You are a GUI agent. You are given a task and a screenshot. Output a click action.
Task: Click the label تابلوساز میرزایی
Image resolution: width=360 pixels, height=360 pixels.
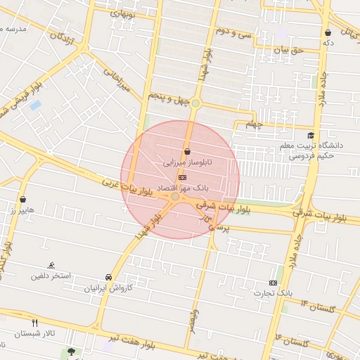pyautogui.click(x=186, y=162)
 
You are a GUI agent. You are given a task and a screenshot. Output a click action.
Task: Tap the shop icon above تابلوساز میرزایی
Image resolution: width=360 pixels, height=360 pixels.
pyautogui.click(x=187, y=152)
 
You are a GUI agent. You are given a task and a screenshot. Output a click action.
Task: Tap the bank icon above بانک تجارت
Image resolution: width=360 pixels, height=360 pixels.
pyautogui.click(x=273, y=282)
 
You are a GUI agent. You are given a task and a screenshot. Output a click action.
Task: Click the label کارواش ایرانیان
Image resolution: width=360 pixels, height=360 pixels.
pyautogui.click(x=108, y=288)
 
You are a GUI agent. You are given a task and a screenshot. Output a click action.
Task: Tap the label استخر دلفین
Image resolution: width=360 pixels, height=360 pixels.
pyautogui.click(x=50, y=275)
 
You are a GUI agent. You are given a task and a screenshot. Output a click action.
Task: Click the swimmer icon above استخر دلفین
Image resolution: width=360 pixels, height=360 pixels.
pyautogui.click(x=51, y=265)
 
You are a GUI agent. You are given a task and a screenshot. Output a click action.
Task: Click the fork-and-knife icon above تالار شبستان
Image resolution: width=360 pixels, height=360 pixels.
pyautogui.click(x=35, y=322)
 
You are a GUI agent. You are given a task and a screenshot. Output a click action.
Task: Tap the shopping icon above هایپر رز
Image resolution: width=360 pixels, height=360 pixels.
pyautogui.click(x=24, y=199)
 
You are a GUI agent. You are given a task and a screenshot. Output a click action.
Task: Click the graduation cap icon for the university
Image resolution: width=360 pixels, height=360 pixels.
pyautogui.click(x=311, y=135)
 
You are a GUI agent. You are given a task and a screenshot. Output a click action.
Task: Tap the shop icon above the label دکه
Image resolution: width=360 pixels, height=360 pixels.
pyautogui.click(x=328, y=32)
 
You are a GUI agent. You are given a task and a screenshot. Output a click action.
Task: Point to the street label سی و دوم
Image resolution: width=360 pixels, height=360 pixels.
pyautogui.click(x=235, y=32)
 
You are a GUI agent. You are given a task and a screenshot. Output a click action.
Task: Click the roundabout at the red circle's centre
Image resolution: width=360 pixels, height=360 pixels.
pyautogui.click(x=175, y=198)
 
